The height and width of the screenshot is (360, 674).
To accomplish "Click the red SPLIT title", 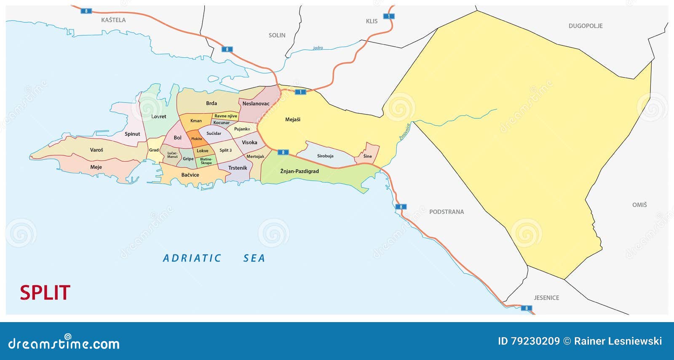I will (45, 293).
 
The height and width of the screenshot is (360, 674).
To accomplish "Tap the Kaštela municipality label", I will (113, 20).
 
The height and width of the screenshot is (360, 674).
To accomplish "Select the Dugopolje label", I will (585, 26).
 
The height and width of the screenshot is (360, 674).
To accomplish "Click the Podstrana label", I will (446, 212).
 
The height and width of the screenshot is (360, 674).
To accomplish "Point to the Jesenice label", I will (546, 298).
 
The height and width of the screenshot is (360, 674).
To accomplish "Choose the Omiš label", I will (639, 205).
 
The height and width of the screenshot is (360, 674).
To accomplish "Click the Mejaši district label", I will (293, 120).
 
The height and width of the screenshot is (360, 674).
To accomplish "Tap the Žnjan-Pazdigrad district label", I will (300, 171).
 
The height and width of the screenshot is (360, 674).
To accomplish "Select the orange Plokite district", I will (196, 139).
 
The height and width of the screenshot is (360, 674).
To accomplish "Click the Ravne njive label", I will (226, 116).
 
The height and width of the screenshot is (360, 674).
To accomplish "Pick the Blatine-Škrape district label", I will (206, 161).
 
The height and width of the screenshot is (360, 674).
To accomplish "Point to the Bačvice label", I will (190, 175).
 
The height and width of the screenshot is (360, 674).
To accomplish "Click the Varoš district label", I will (96, 150).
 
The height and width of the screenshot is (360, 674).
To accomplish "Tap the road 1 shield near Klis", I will (388, 16).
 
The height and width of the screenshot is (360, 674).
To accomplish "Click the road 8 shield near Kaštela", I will (86, 11).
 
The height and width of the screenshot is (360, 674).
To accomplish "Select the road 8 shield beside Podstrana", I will (401, 207).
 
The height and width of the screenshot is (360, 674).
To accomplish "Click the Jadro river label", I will (318, 48).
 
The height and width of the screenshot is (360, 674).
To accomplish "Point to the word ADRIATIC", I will (192, 258).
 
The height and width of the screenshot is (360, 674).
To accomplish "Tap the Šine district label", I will (368, 156).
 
